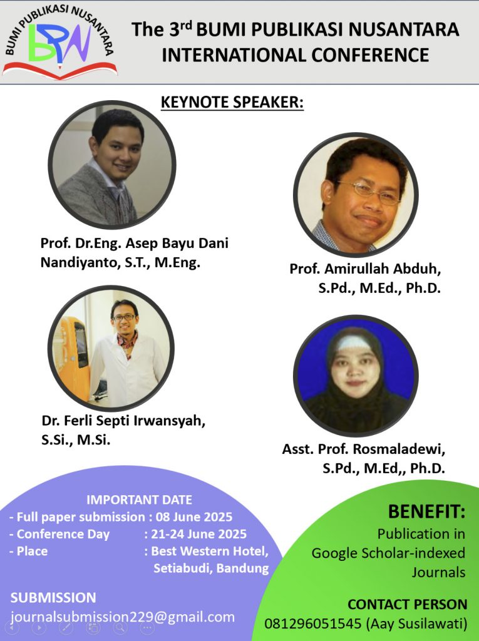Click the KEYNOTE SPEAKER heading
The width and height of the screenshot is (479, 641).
pos(232,102)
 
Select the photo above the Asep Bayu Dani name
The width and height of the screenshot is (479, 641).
pos(112,165)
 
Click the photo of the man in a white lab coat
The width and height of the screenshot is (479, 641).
pos(111,349)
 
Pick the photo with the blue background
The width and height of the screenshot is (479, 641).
pos(356,376)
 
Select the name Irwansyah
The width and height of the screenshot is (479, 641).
pos(169,421)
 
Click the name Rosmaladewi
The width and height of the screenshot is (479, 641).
pos(399,449)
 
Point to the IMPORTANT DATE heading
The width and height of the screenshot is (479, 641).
pos(139,500)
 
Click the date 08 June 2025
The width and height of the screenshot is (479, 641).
pos(194,516)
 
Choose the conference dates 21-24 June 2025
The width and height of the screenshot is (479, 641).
pos(198,534)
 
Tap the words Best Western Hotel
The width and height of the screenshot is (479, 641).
pos(209,551)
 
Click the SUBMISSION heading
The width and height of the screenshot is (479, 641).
pos(53,597)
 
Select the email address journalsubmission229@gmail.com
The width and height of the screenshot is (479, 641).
pos(123,617)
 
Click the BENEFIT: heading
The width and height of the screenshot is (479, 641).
pos(426,511)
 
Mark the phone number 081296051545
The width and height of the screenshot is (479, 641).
pos(313,624)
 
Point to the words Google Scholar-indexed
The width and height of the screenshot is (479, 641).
pos(388,553)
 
